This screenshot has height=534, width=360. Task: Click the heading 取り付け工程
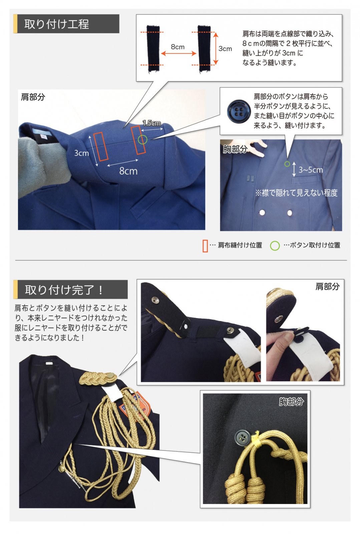click(x=57, y=24)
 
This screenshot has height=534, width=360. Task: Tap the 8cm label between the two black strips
click(x=177, y=47)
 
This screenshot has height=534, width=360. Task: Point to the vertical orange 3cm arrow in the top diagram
click(x=216, y=48)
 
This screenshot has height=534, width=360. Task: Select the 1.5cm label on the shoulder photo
click(x=152, y=123)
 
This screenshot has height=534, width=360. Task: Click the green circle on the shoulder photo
click(x=142, y=140)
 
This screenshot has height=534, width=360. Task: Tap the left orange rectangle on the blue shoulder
click(x=100, y=147)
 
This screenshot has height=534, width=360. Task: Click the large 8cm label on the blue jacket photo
click(x=128, y=171)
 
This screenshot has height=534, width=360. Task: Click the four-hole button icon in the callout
click(x=238, y=111)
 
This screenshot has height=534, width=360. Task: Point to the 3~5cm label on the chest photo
click(x=311, y=170)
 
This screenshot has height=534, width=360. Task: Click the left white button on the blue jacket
click(x=262, y=212)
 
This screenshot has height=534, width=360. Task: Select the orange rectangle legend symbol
click(x=205, y=246)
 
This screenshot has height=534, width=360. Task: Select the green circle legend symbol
click(x=275, y=246)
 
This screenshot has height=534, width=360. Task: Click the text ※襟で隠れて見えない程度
click(x=296, y=193)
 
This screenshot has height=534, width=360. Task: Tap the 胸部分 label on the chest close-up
click(x=291, y=402)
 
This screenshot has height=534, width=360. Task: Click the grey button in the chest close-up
click(x=242, y=437)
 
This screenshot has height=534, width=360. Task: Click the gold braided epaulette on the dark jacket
click(x=97, y=378)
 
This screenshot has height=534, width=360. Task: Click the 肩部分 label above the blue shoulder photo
click(x=33, y=97)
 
